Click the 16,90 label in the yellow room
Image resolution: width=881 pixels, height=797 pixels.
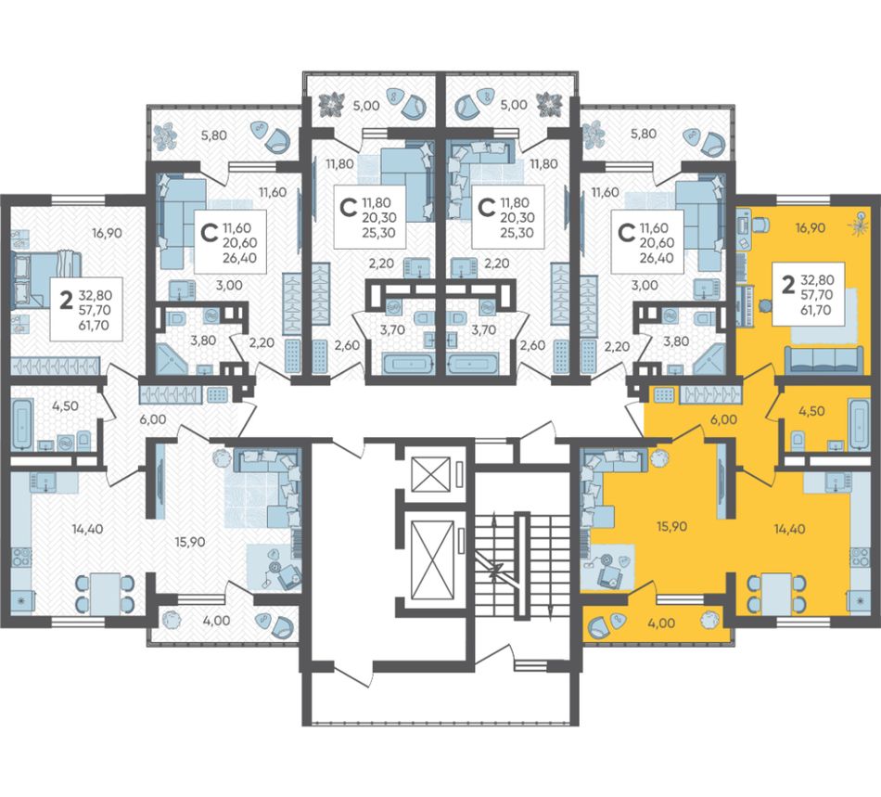[x=810, y=227]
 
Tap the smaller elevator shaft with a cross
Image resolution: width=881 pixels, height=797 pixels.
[x=431, y=474]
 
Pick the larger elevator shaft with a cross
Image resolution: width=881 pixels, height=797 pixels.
[x=432, y=560]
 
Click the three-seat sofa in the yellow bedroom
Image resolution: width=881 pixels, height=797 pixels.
[x=824, y=360]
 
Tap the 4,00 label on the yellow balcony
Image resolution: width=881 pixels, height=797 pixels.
[x=660, y=623]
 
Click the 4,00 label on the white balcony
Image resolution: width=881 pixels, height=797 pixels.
[x=216, y=621]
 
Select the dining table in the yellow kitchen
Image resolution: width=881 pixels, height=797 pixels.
[x=776, y=593]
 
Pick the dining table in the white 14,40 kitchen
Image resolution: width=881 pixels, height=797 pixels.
[x=105, y=593]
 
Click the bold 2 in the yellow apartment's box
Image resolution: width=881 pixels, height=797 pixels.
[x=788, y=286]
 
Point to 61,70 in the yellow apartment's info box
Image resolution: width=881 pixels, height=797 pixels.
[x=815, y=310]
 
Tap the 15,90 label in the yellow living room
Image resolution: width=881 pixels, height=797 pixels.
[x=671, y=527]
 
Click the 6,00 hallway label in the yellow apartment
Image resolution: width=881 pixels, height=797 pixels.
[x=723, y=420]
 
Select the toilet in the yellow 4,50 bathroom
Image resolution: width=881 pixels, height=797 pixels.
[x=797, y=440]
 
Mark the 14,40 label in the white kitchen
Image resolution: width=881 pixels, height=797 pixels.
[x=87, y=529]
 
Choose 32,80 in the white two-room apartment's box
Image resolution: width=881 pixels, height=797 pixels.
[x=96, y=295]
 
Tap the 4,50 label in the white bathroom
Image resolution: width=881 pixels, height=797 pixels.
[x=65, y=405]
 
